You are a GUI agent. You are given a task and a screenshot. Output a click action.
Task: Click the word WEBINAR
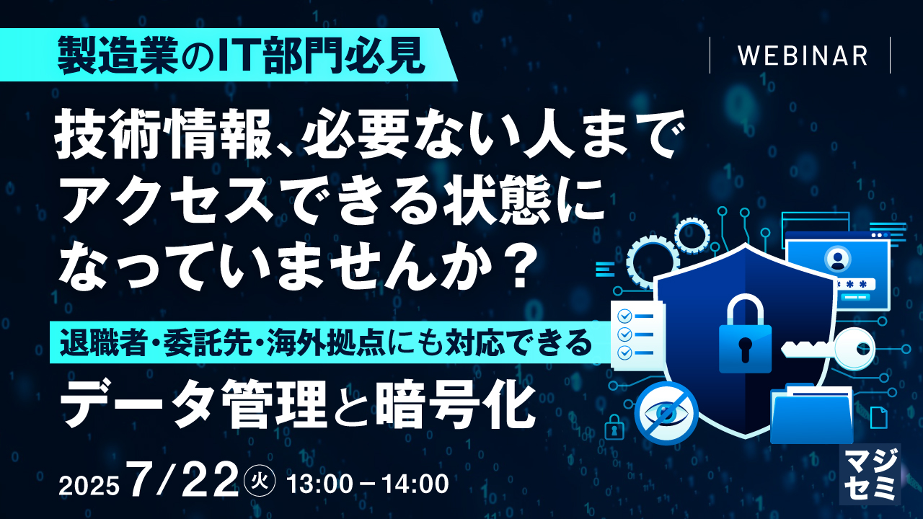803,56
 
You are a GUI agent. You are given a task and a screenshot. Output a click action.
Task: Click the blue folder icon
811,414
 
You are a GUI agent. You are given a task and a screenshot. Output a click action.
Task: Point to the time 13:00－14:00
368,484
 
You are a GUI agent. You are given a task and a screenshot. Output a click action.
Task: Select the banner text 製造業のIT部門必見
241,56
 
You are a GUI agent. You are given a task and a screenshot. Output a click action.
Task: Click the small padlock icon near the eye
614,427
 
